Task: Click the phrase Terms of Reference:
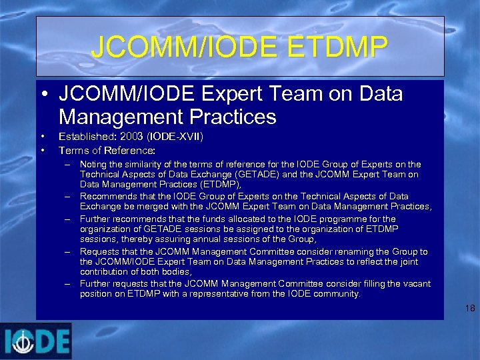click(107, 150)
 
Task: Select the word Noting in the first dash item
click(93, 164)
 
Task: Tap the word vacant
click(415, 283)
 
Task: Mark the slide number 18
click(470, 308)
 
